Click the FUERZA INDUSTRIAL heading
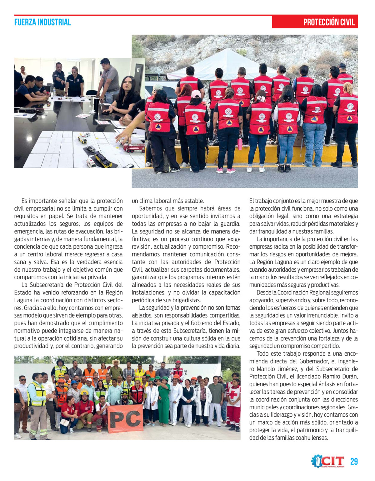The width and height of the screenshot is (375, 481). [42, 22]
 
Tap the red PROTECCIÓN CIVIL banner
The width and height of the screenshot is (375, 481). [315, 22]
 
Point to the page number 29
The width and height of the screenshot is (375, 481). [354, 462]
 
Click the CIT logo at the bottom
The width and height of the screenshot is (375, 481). [328, 461]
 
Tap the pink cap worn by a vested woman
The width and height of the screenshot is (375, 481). [196, 94]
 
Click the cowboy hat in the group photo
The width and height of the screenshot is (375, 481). [116, 362]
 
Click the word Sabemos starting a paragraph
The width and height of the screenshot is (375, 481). [150, 208]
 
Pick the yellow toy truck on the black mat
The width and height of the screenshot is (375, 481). [103, 160]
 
